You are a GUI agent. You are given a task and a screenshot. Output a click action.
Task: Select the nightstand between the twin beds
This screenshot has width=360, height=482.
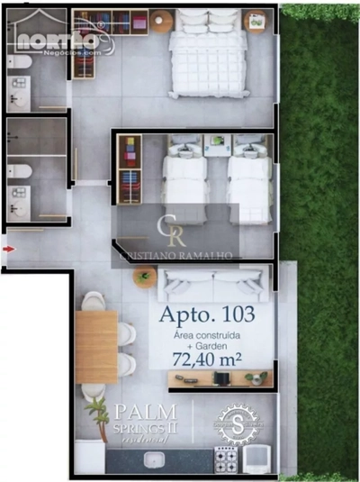(x=217, y=144)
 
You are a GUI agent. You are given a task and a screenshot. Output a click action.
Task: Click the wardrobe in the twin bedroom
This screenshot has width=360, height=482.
(x=129, y=168)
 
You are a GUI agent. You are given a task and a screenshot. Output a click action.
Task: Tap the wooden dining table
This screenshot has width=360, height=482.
(x=97, y=346)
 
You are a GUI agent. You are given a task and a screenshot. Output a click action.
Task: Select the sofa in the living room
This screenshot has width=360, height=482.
(x=214, y=285)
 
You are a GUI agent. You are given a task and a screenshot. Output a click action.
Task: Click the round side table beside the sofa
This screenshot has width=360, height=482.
(x=144, y=278)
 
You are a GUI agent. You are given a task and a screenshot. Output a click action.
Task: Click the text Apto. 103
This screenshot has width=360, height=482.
(x=206, y=315)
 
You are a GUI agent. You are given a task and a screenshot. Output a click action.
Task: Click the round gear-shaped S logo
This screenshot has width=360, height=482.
(x=238, y=423)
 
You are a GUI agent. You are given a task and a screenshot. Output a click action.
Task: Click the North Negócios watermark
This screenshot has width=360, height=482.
(x=58, y=41)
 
